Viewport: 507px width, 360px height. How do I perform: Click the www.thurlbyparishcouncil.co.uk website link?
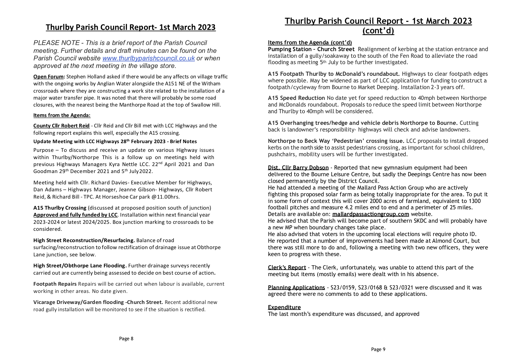pos(149,58)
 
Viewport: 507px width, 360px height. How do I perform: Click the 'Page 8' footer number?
pos(126,339)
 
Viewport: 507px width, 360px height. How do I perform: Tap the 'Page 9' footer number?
pos(378,349)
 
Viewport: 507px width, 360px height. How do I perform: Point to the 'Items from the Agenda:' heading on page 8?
pos(62,115)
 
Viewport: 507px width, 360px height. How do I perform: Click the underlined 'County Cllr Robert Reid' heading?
pos(61,126)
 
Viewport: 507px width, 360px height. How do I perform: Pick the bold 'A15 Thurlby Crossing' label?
pos(60,208)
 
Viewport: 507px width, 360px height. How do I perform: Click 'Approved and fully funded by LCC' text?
pos(75,215)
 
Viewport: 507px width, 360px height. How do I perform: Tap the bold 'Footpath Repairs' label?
pos(55,284)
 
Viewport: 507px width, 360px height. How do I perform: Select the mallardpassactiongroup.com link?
pos(370,214)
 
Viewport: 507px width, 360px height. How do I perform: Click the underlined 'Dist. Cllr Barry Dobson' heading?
pos(298,168)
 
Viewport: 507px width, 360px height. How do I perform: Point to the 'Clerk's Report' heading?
pos(287,267)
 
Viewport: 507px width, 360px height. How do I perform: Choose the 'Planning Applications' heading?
pos(296,287)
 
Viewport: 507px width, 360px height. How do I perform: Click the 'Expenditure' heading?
pos(284,307)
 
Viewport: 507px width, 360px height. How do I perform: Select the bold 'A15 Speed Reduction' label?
pos(296,98)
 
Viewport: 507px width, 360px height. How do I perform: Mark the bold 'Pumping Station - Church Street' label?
pos(311,49)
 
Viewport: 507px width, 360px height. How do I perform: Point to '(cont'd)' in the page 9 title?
pos(378,31)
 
